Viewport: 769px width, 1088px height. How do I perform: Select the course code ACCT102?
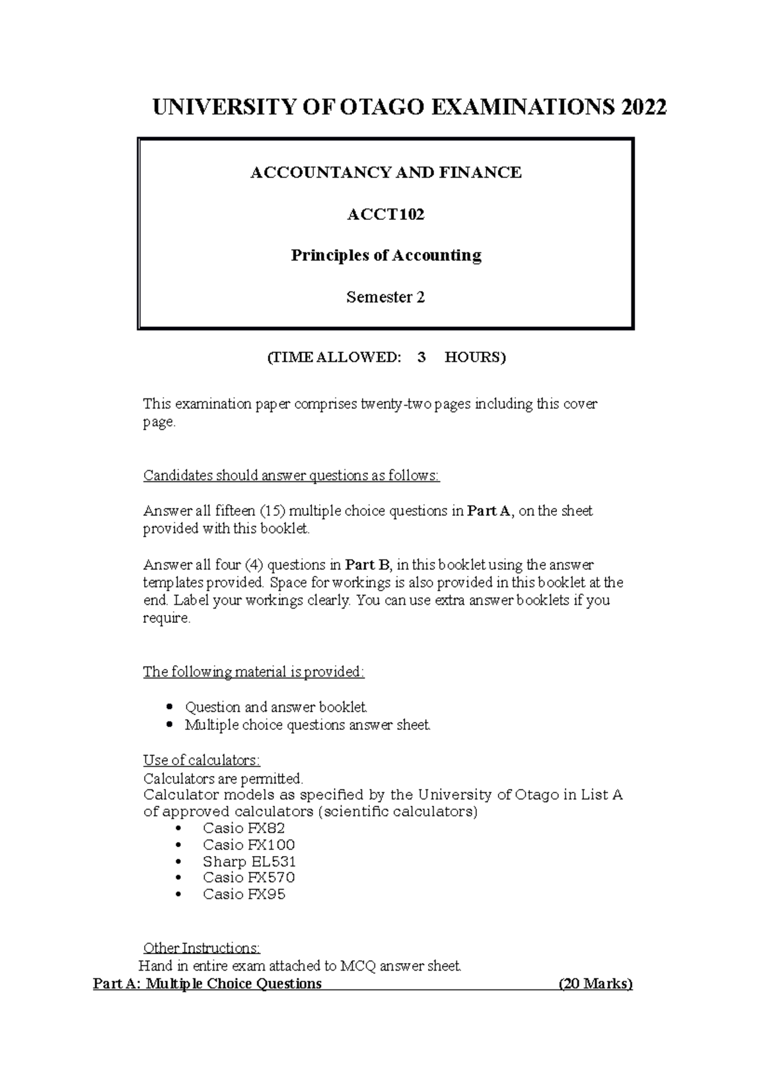(x=385, y=215)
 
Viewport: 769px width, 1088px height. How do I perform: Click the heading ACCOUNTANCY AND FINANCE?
(x=385, y=172)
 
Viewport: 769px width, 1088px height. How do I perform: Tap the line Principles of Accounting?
(x=386, y=256)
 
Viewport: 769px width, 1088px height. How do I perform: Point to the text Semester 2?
(x=385, y=297)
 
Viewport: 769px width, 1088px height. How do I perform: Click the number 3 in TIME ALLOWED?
(x=421, y=358)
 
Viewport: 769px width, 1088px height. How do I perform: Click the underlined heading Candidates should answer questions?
(x=292, y=475)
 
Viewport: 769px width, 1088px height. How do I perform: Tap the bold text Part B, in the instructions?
(x=368, y=565)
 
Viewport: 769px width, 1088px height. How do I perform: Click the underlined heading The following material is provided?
(x=253, y=672)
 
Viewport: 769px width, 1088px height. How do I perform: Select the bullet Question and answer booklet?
(x=276, y=707)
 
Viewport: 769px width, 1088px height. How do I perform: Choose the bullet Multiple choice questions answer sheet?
(x=308, y=725)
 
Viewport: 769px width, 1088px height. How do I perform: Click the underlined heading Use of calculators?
(x=201, y=761)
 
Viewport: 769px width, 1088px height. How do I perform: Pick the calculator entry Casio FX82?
(x=244, y=828)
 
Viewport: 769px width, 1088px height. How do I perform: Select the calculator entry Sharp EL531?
(x=249, y=861)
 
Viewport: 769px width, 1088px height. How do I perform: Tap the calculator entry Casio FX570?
(x=249, y=878)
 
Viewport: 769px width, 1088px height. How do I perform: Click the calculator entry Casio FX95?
(x=244, y=894)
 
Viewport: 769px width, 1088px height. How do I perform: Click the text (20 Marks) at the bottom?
(x=595, y=984)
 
